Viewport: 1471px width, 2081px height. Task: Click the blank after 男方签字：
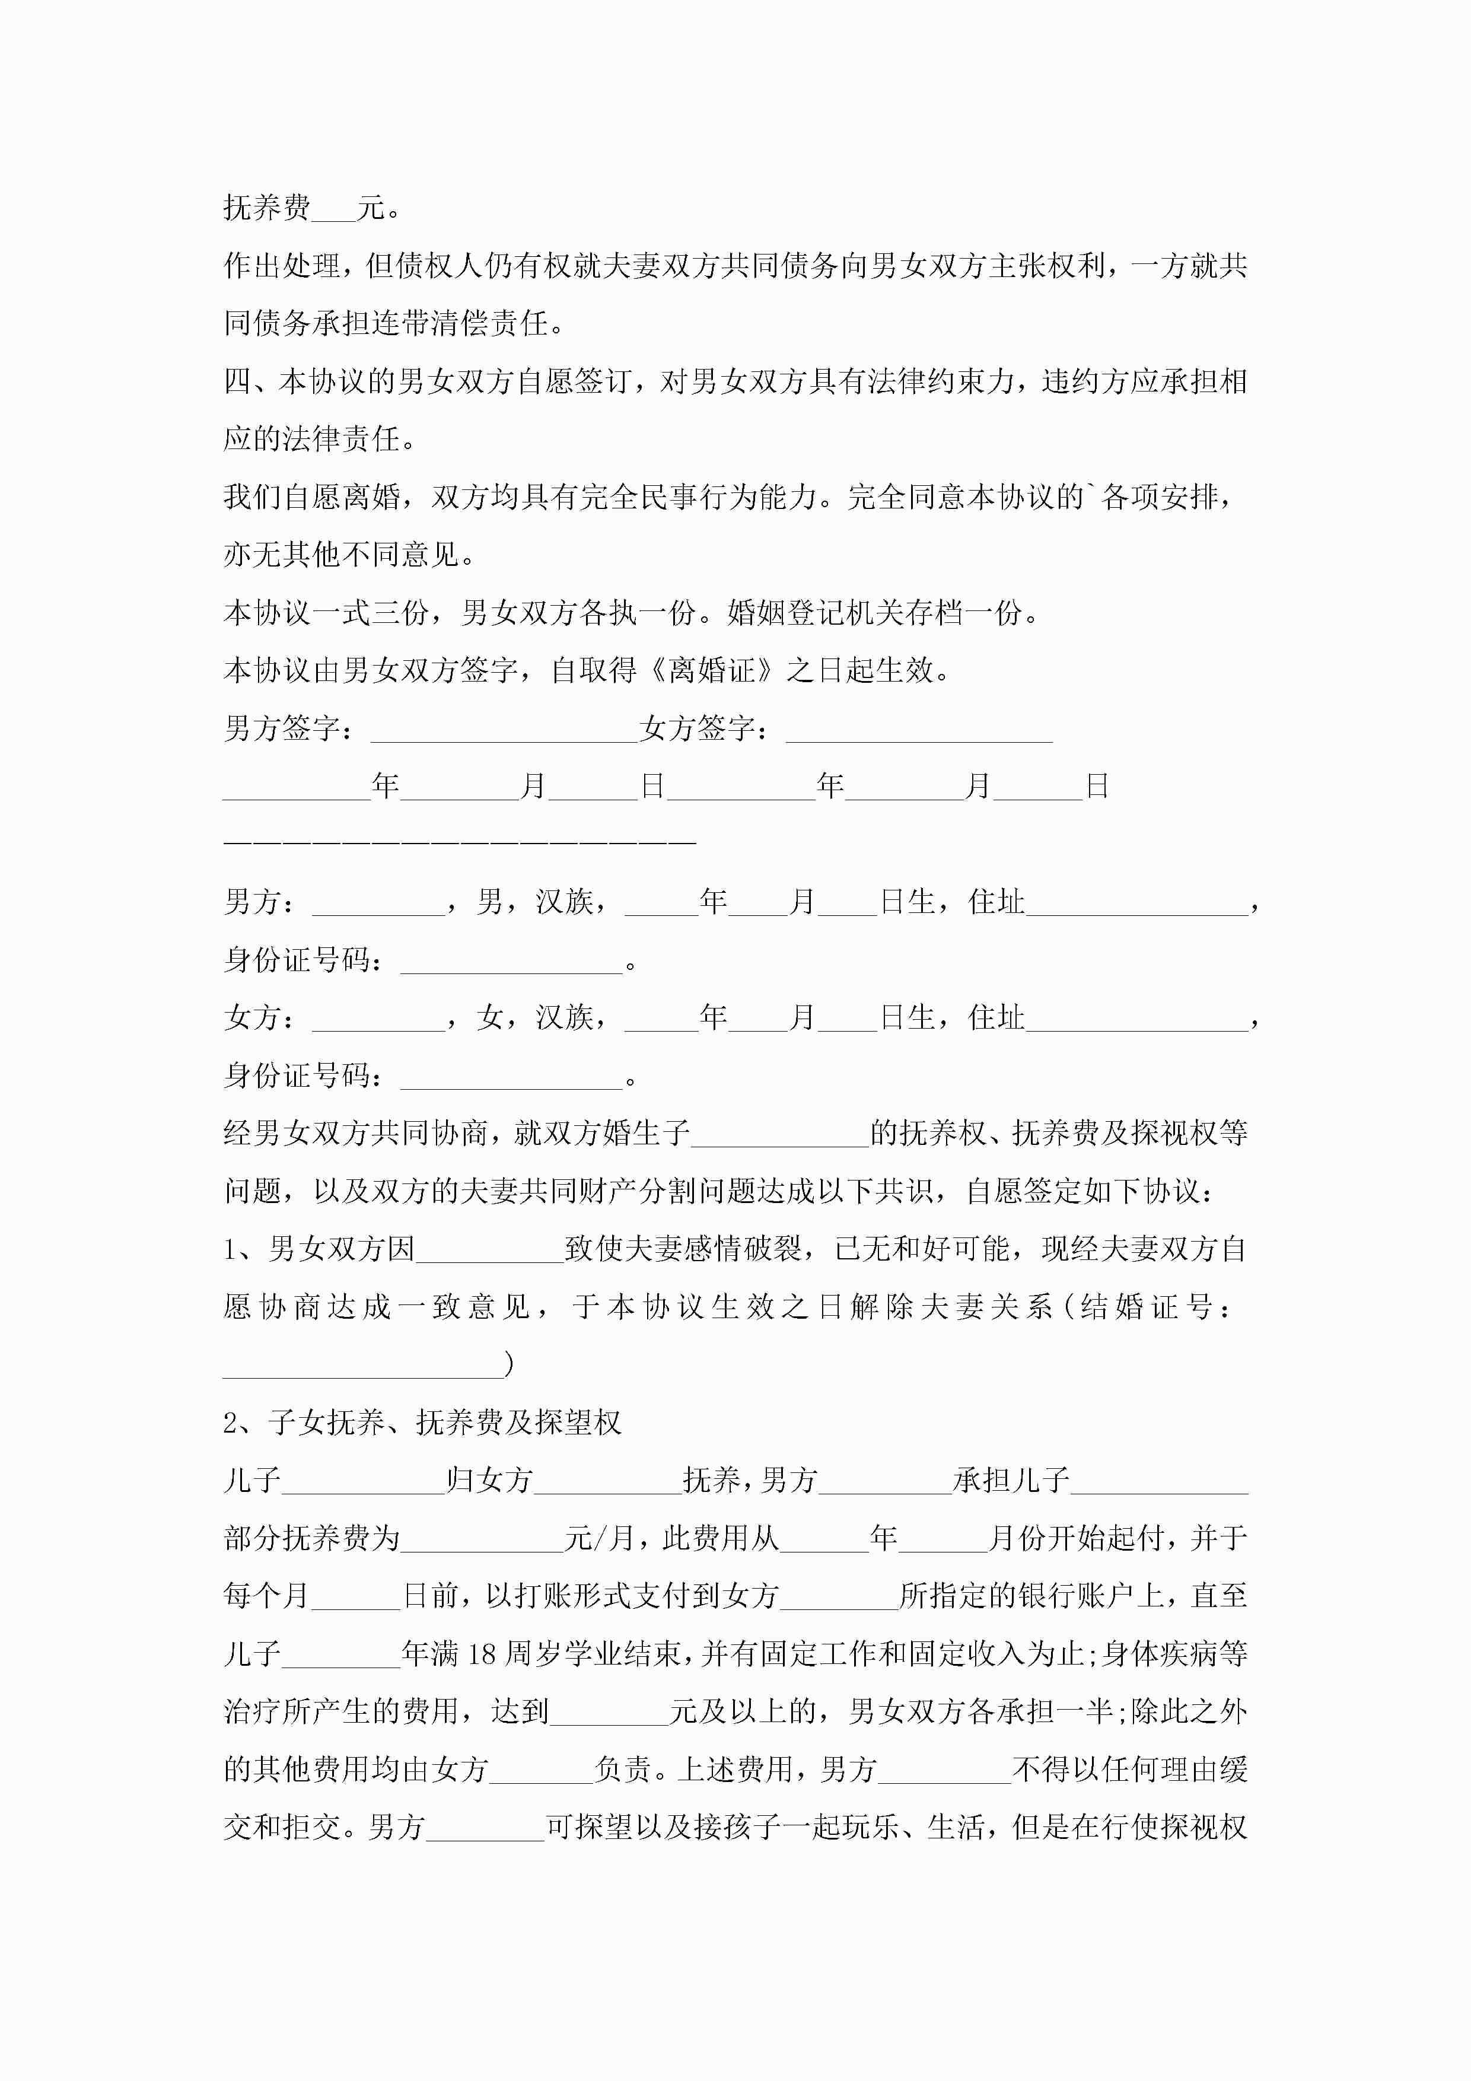(504, 730)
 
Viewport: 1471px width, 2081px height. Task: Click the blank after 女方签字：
(918, 730)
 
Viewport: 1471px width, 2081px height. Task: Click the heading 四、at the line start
(250, 381)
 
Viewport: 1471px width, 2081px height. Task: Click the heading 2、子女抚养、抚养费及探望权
(422, 1422)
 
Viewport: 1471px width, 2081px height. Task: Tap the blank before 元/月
(482, 1539)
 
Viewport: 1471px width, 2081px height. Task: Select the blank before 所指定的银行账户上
(838, 1597)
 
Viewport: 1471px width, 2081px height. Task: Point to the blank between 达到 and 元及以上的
(609, 1712)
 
